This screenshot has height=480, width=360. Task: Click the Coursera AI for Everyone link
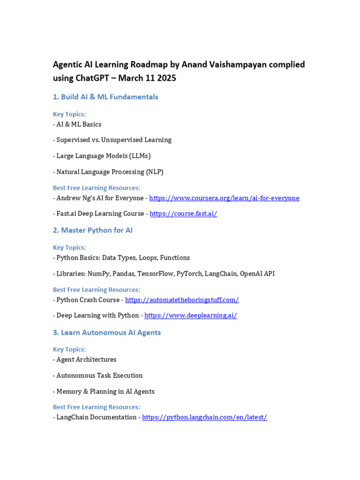224,198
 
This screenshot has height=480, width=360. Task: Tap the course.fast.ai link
183,214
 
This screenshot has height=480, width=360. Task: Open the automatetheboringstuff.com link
182,300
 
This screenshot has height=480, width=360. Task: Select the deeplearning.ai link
190,315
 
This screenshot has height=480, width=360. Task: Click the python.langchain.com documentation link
204,417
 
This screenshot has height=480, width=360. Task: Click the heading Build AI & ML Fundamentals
105,97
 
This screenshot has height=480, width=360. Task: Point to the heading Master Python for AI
93,231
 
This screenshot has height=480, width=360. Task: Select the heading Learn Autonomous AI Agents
107,333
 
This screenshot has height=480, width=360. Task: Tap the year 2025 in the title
166,78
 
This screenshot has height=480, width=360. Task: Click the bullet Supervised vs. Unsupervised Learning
114,140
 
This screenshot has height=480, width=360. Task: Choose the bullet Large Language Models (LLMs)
104,156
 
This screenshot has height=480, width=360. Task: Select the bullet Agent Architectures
86,360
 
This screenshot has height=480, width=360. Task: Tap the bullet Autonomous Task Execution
99,375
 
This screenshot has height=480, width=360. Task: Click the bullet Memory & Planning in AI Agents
105,391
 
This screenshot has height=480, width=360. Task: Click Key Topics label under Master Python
69,247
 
